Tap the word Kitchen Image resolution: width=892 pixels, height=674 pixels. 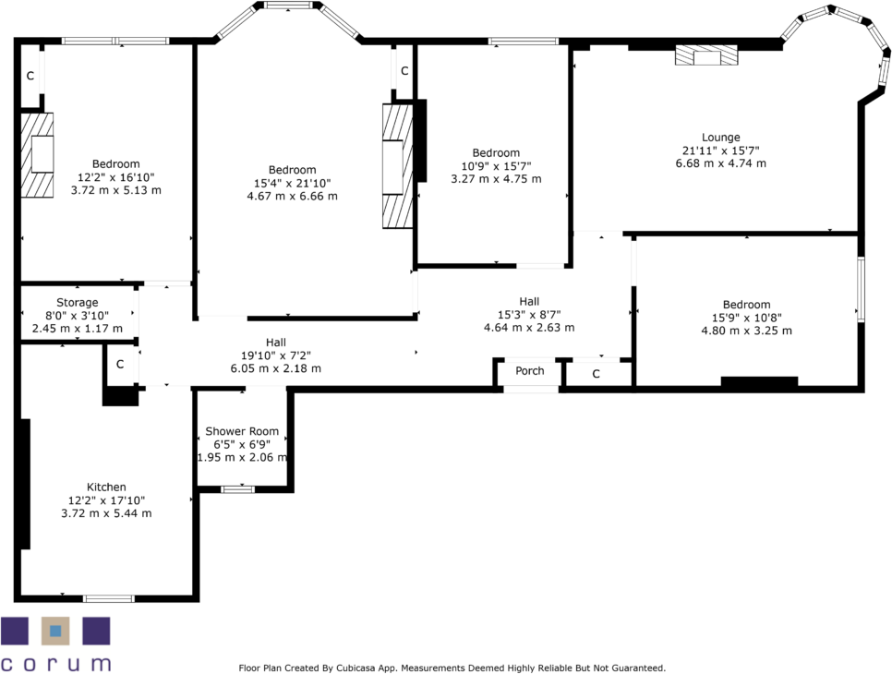(x=106, y=487)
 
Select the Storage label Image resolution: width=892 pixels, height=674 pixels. (x=77, y=303)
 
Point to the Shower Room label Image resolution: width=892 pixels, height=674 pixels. (x=242, y=431)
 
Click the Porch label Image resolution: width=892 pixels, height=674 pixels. (x=530, y=371)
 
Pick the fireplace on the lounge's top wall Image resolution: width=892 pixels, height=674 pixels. (x=706, y=57)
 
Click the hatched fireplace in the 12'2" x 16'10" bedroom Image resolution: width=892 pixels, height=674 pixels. (x=38, y=154)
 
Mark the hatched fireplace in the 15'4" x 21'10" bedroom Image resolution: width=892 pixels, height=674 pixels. (x=395, y=166)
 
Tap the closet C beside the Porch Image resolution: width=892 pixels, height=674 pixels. (x=596, y=374)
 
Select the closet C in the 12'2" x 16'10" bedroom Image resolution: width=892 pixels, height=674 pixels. (x=30, y=76)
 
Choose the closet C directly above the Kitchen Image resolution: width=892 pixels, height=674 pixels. (x=120, y=365)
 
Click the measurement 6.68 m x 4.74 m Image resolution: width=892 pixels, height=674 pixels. (x=720, y=163)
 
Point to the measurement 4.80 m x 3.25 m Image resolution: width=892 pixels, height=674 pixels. (x=746, y=331)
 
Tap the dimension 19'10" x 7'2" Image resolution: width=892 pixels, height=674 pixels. (x=275, y=355)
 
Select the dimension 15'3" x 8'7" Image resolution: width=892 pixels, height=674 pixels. (x=529, y=314)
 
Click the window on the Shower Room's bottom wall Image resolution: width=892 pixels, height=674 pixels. (x=237, y=488)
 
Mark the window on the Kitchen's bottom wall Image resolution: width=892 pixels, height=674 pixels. (x=108, y=598)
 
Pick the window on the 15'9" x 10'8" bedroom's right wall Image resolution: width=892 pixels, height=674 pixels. (x=860, y=290)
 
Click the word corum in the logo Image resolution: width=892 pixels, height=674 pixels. (x=55, y=663)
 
